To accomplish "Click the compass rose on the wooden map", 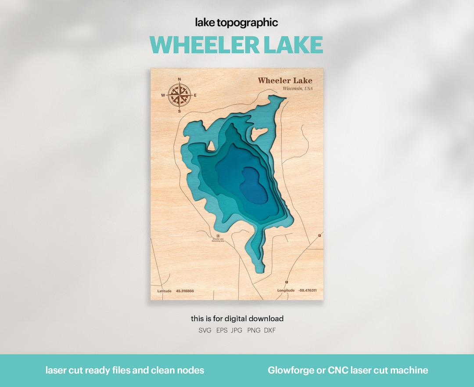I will click(179, 95).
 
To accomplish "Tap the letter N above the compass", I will click(179, 80).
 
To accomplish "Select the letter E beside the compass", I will click(195, 95).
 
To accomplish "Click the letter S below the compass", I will click(179, 111).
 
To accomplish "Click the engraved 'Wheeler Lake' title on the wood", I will click(285, 80).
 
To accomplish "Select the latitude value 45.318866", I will click(185, 291).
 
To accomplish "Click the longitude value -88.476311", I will click(308, 290).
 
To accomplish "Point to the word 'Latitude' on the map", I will click(165, 291).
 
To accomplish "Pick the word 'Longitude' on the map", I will click(286, 290).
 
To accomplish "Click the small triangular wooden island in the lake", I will click(211, 145).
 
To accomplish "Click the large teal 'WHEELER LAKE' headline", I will click(237, 44).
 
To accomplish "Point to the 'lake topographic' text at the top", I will click(237, 22).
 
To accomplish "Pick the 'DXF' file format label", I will click(270, 330).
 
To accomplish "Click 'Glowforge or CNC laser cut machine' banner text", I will click(348, 370).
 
